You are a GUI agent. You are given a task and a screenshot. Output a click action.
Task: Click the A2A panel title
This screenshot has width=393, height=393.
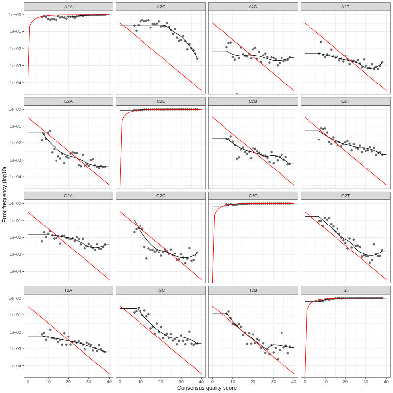pos(68,7)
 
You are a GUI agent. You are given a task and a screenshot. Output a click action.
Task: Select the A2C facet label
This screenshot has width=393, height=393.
pos(161,7)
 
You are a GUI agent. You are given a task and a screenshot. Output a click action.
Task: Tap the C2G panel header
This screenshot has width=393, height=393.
pos(253,101)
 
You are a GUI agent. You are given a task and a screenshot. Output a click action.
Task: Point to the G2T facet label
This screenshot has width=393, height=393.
pos(345,196)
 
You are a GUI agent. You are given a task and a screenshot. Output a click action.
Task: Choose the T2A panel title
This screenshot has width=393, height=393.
pos(68,290)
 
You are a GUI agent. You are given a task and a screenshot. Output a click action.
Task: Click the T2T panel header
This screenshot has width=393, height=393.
pos(345,290)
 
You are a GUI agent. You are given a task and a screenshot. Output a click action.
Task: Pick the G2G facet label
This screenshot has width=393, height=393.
pos(253,196)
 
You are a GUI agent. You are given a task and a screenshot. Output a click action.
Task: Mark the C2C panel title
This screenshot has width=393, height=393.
pos(161,101)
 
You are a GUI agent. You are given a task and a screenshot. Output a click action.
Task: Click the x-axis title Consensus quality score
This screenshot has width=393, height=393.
pos(207,388)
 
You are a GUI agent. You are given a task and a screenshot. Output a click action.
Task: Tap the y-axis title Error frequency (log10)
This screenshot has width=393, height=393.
pos(5,195)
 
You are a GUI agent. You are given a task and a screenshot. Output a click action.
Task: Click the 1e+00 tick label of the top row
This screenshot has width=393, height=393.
pos(15,15)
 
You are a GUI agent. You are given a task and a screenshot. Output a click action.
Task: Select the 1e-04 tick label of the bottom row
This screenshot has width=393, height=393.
pos(15,366)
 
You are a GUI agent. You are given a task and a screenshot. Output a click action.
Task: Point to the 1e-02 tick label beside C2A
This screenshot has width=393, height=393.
pos(15,143)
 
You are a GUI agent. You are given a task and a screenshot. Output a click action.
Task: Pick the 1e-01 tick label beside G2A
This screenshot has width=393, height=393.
pos(15,221)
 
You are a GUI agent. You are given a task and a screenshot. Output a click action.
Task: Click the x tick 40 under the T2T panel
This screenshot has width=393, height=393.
pos(386,381)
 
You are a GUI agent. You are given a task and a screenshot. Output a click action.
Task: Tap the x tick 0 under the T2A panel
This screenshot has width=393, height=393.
pos(28,381)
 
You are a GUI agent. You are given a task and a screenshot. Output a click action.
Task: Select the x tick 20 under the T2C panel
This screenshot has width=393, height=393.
pos(161,381)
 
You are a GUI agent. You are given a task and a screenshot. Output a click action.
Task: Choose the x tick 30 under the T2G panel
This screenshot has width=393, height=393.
pos(273,381)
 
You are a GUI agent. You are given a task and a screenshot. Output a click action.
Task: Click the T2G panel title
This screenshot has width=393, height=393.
pos(253,290)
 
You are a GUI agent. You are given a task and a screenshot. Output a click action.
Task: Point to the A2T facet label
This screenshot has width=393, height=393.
pos(345,7)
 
